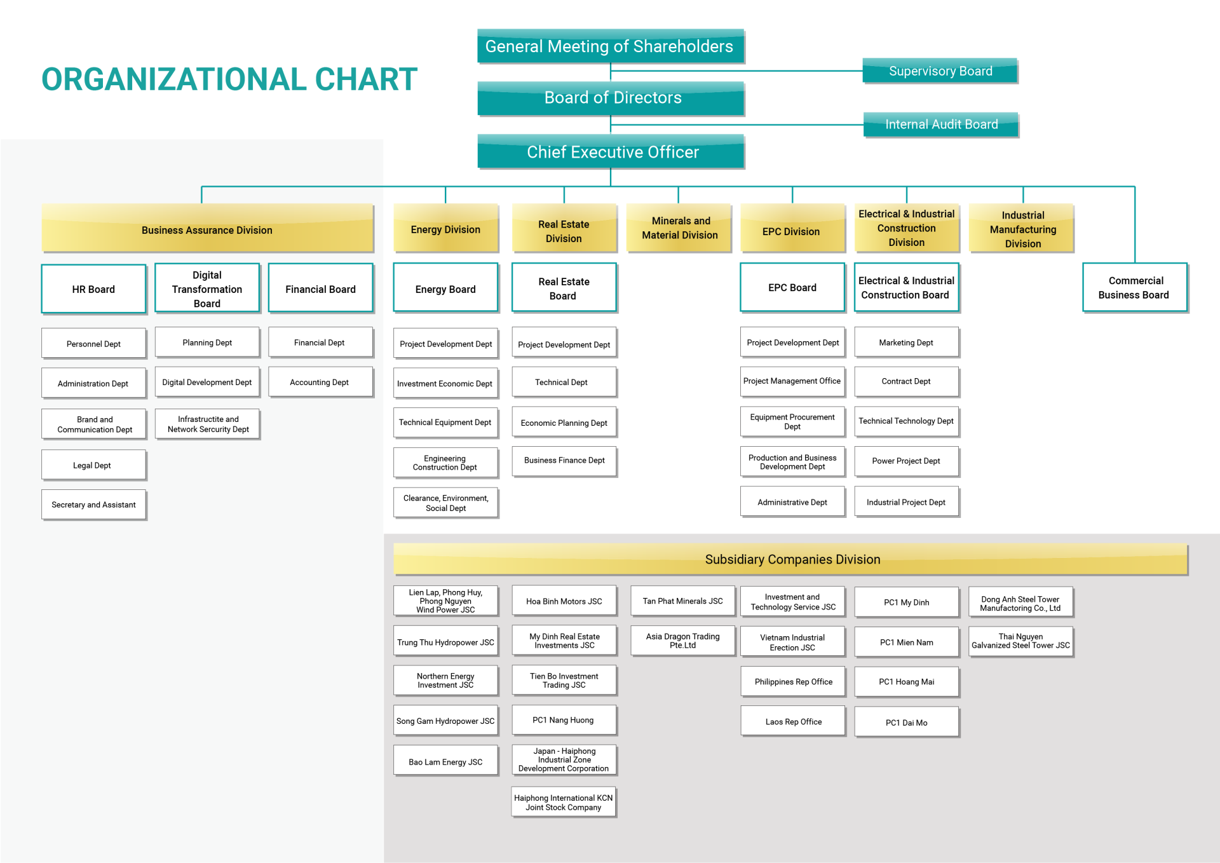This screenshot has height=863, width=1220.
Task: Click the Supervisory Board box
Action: point(940,71)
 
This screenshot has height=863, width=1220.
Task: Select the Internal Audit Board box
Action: point(941,125)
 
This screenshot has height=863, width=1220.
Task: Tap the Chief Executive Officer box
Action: point(611,152)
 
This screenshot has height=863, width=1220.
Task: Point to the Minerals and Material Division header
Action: point(679,228)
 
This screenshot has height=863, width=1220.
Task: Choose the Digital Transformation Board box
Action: point(207,289)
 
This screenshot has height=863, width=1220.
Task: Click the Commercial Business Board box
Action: point(1135,288)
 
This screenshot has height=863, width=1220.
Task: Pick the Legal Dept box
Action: point(94,465)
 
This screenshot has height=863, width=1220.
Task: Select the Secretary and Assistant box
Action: point(94,505)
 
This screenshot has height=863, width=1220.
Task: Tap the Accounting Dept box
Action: point(321,382)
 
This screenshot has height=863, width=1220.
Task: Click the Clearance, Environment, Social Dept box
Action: point(446,503)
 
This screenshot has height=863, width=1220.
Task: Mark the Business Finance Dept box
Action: point(564,461)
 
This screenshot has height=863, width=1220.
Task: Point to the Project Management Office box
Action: point(793,381)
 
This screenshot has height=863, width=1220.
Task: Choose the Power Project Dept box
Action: point(907,461)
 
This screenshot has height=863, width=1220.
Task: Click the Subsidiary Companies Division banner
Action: point(791,559)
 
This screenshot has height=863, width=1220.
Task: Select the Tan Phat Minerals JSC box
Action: point(683,601)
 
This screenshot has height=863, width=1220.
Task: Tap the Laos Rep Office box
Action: point(793,721)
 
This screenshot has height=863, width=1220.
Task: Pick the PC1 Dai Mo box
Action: point(907,723)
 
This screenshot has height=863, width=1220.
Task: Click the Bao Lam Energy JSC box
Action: point(446,761)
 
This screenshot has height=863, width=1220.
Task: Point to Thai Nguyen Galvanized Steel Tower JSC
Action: point(1021,641)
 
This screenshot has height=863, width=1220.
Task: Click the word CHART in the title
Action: point(366,79)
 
